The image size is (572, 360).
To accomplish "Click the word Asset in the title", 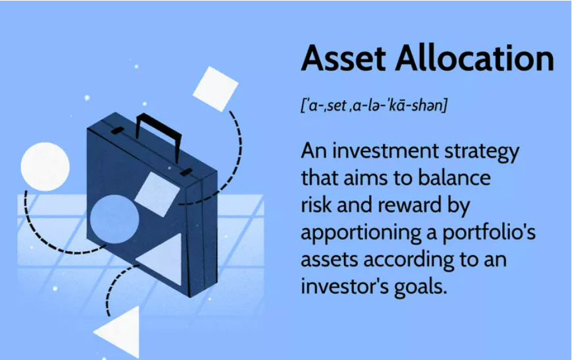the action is (x=343, y=59).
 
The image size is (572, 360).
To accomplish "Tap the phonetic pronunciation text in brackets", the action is (x=374, y=105).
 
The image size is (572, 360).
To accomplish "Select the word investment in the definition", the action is (x=386, y=150).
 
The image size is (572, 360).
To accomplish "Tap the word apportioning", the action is (x=361, y=233).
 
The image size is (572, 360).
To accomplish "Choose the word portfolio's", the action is (x=489, y=231).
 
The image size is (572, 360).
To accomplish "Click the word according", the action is (x=409, y=260).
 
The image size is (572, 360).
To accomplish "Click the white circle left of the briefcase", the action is (x=45, y=167).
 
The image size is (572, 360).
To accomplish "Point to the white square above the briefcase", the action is (x=215, y=89).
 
